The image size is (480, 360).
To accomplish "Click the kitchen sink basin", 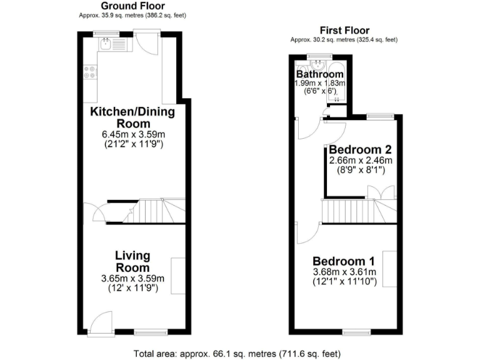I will tap(107, 43).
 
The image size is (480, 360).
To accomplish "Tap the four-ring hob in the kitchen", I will tap(90, 72).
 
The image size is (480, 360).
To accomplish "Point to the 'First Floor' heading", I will tap(344, 30).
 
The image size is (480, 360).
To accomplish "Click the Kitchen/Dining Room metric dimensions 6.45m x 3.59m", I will tap(132, 134).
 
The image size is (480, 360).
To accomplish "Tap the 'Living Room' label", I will tap(132, 261).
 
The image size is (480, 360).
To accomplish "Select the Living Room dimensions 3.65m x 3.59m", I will tap(132, 278).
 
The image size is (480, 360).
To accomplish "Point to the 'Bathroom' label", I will tap(320, 74).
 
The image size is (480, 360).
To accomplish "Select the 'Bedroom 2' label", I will tap(360, 150).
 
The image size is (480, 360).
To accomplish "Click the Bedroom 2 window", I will tap(379, 116).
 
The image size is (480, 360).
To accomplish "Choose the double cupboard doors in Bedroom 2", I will tap(387, 192).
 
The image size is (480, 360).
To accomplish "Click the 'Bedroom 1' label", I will tap(344, 261).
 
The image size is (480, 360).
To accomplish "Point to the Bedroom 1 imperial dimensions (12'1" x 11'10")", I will tap(344, 281).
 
